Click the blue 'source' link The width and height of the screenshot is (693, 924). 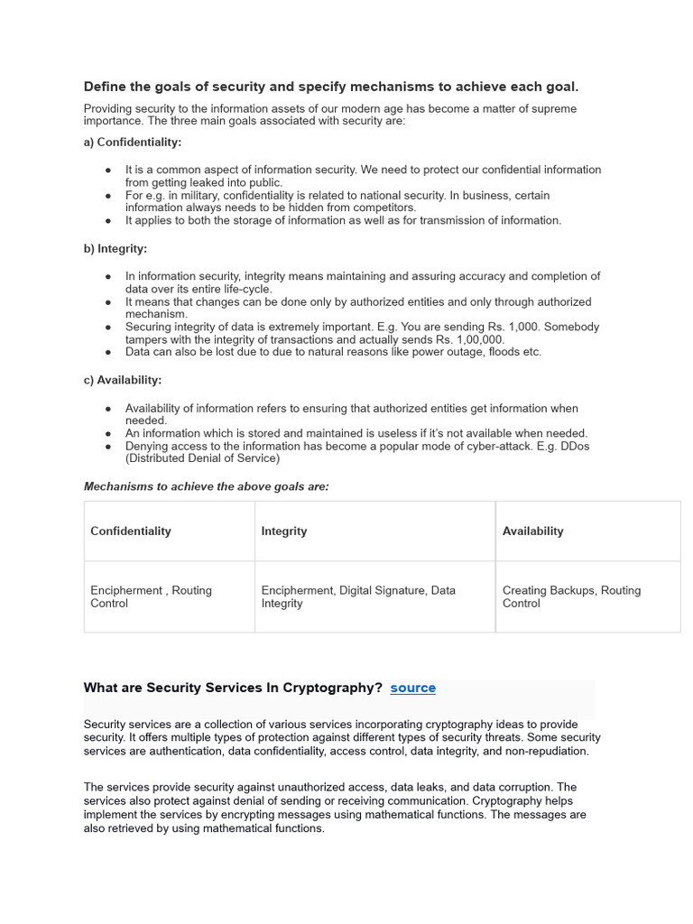coord(412,688)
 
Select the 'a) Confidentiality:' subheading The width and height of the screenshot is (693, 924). coord(133,143)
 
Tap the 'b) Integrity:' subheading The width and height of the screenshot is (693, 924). coord(115,249)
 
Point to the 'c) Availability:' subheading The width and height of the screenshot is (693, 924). coord(123,381)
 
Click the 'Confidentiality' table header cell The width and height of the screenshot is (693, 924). coord(131,531)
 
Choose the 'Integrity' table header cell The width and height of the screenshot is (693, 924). coord(284,531)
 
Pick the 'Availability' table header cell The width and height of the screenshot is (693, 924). coord(532,531)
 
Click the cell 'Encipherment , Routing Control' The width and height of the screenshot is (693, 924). coord(151,596)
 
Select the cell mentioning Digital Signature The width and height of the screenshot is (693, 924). coord(358,596)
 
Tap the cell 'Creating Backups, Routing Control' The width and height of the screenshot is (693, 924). coord(571,596)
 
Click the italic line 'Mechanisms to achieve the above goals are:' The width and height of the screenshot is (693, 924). coord(207,486)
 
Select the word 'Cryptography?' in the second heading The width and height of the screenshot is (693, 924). coord(339,688)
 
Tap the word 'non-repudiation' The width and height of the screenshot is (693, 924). coord(545,751)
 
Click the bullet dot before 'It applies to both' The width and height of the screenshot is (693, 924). coord(108,220)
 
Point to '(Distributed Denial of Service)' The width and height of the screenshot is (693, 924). coord(203,458)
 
